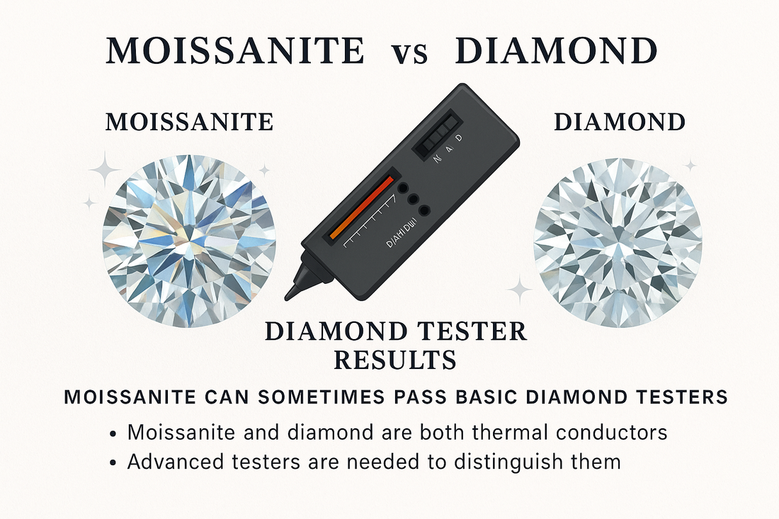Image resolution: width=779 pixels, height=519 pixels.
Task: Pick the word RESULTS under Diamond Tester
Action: tap(394, 360)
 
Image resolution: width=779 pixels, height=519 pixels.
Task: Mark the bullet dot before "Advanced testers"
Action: tap(114, 463)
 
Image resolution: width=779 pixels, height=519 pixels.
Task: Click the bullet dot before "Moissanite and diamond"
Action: tap(114, 433)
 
